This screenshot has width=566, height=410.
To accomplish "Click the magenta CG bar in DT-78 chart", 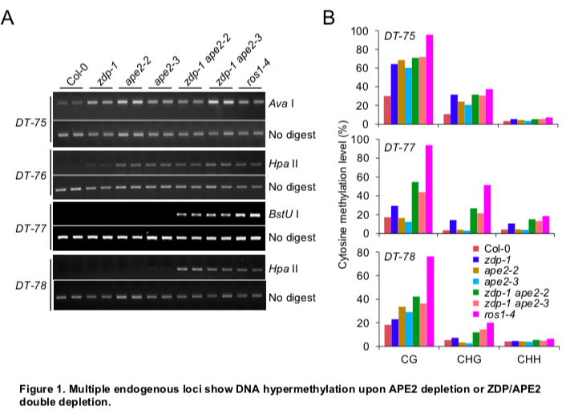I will click(429, 302).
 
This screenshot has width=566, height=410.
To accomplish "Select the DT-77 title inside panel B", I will click(399, 147).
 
